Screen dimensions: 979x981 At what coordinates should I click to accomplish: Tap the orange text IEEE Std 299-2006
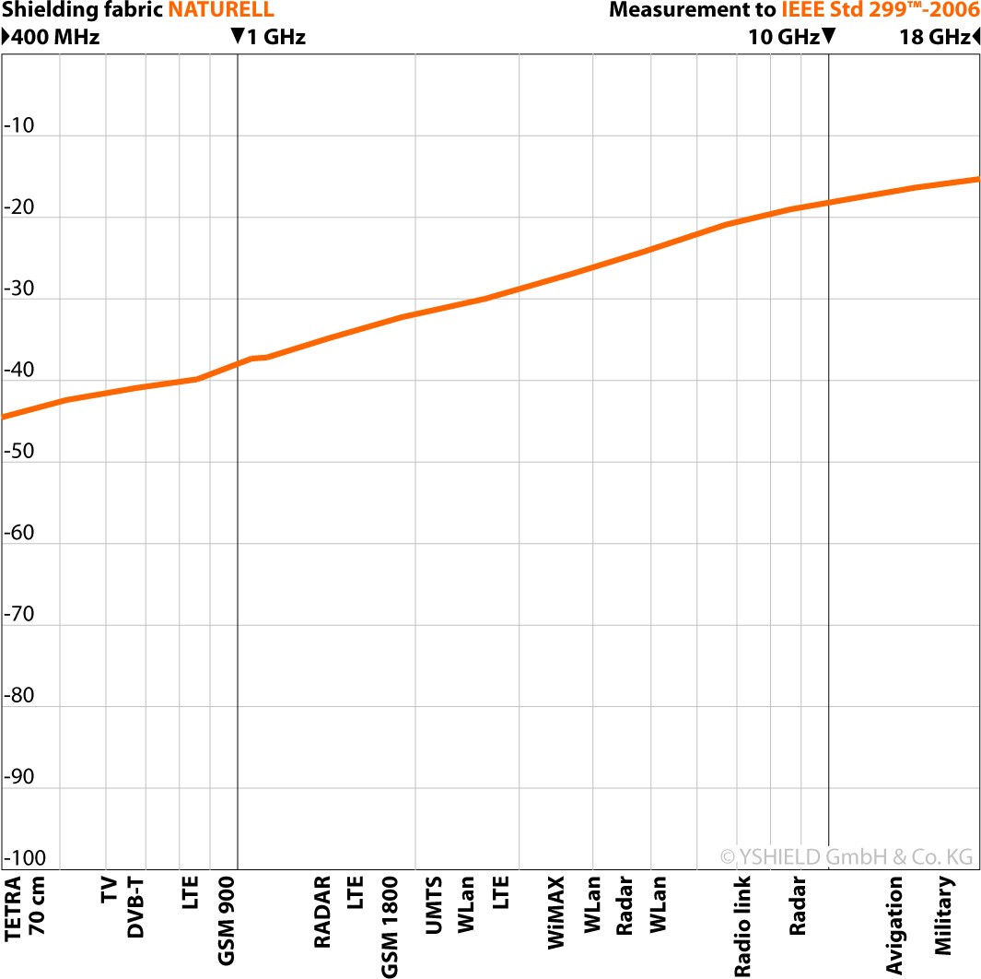tap(880, 11)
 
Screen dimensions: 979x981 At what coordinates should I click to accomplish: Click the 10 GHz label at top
tap(783, 38)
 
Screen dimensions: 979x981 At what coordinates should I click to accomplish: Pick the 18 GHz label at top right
tap(934, 38)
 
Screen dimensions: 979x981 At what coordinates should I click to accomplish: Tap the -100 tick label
tap(23, 859)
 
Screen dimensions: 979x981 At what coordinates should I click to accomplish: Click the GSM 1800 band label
tap(390, 926)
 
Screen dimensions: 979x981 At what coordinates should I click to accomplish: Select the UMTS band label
tap(435, 907)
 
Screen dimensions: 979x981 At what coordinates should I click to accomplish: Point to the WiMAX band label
tap(555, 913)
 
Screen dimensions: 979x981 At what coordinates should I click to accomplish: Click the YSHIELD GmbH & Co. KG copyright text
tap(846, 857)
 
